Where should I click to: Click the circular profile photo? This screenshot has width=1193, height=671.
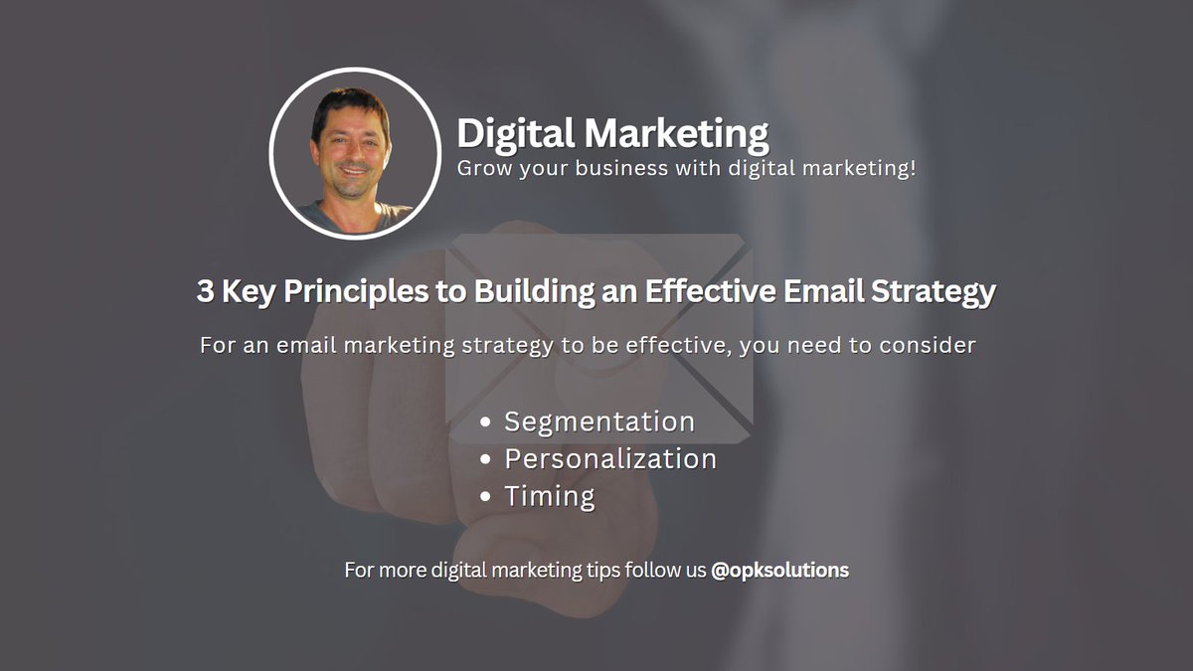click(x=355, y=152)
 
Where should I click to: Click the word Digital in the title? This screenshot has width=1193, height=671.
click(x=515, y=133)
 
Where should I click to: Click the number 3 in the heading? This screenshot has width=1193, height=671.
click(x=205, y=292)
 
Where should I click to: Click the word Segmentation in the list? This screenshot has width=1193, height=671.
click(x=599, y=421)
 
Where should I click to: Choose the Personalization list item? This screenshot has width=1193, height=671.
click(x=610, y=459)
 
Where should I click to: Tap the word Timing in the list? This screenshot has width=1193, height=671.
click(x=550, y=496)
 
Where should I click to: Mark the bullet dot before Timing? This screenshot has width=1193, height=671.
click(x=485, y=497)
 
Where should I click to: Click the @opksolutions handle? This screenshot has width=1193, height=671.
click(x=780, y=571)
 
